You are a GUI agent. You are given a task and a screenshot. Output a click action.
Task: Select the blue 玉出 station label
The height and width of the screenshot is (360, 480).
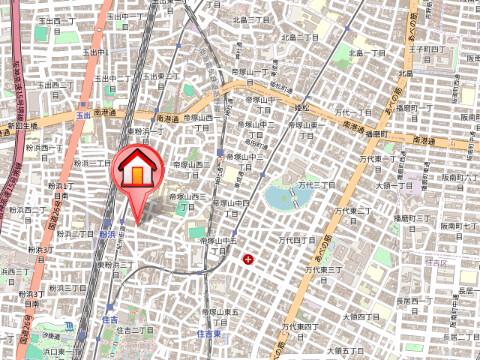point(83,116)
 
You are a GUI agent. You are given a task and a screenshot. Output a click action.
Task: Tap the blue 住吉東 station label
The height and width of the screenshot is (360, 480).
point(208,332)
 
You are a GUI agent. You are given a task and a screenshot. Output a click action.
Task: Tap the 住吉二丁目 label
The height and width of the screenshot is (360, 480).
point(133,329)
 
